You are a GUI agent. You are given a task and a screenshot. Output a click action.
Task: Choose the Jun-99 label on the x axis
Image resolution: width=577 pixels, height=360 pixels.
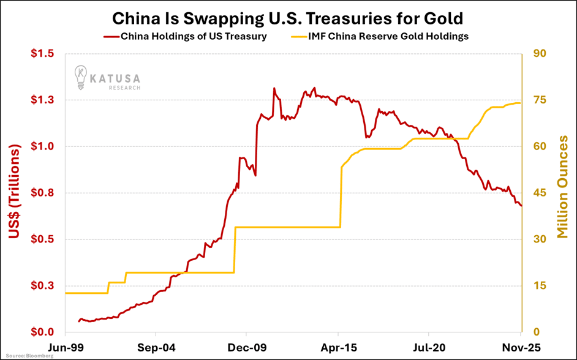coord(65,347)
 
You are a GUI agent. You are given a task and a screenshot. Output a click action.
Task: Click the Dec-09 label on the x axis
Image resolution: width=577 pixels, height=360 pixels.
coord(246,347)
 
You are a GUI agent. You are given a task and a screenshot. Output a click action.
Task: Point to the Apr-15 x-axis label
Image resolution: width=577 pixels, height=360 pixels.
coord(338,347)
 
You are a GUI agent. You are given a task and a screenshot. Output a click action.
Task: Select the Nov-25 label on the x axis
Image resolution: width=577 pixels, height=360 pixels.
coord(520,347)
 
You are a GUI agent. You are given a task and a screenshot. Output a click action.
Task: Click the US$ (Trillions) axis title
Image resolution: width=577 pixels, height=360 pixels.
coord(17,192)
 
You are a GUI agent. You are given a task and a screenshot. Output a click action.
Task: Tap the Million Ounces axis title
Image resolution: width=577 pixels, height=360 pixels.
coord(562,187)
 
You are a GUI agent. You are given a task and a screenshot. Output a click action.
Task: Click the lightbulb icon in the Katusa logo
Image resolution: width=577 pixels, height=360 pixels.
coord(80,77)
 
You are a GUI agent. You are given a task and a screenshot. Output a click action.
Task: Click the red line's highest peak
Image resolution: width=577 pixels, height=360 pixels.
coord(274,88)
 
